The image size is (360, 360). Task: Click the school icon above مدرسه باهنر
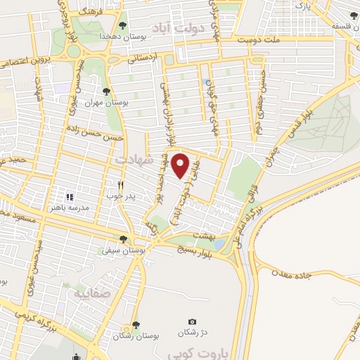[x=69, y=196]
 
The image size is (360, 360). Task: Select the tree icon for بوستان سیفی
[x=124, y=239]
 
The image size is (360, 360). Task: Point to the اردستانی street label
[x=143, y=58]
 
